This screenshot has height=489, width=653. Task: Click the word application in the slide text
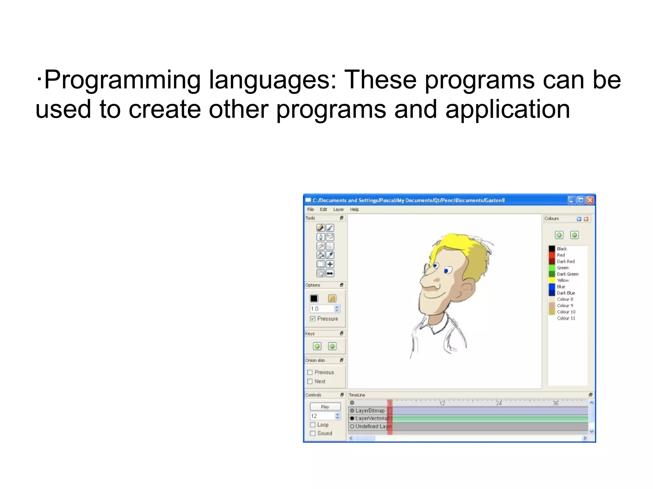(507, 109)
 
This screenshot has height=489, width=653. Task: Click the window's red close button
(590, 200)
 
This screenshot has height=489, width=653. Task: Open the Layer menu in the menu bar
(338, 209)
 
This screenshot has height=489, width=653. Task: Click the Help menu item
(354, 209)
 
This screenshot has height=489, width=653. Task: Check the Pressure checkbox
(312, 319)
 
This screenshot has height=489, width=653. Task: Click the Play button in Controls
(325, 406)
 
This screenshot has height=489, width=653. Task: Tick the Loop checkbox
(312, 425)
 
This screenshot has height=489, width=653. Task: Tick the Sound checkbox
(312, 433)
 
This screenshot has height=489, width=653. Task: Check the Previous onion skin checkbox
(310, 372)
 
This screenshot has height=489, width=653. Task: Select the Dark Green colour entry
(567, 274)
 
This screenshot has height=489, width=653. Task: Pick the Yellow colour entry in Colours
(562, 280)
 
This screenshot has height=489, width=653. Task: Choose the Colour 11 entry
(566, 318)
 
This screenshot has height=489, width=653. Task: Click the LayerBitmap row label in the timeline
(370, 411)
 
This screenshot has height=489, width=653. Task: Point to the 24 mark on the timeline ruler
(499, 403)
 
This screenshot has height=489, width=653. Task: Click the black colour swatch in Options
(314, 298)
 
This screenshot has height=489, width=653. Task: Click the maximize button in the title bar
(581, 200)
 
